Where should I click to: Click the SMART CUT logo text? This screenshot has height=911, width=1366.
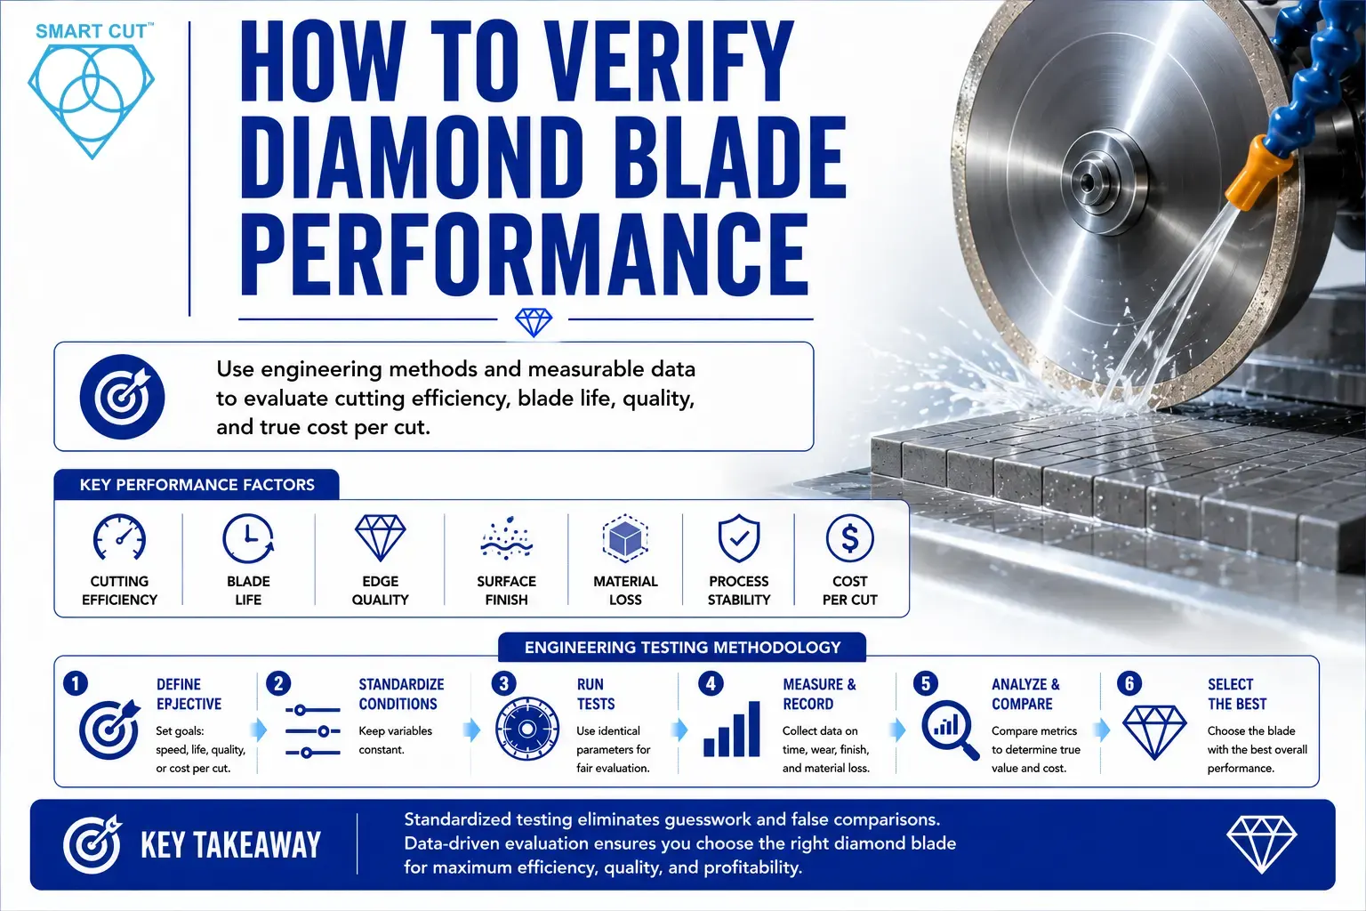(x=92, y=31)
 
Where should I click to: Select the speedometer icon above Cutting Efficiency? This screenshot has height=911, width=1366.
(x=119, y=538)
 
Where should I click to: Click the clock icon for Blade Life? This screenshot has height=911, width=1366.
(x=248, y=538)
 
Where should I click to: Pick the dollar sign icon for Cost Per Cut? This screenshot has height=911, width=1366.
(x=849, y=538)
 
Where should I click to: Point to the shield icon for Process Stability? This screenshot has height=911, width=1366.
(x=738, y=538)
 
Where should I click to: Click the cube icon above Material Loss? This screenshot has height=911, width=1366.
(x=625, y=538)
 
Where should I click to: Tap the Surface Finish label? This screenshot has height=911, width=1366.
(x=506, y=590)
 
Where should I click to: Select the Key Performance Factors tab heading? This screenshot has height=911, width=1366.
(x=197, y=485)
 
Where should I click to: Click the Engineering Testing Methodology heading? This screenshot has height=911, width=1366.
(x=682, y=648)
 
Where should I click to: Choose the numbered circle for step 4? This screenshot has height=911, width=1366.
(x=711, y=683)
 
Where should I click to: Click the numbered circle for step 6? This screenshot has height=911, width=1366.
(x=1129, y=683)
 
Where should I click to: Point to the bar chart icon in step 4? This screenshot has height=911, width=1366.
(x=732, y=730)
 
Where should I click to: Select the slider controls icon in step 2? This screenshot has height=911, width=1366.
(x=313, y=731)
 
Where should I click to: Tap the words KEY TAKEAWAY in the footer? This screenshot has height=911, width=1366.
(x=230, y=845)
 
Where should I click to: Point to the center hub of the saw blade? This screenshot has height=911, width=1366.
(x=1089, y=181)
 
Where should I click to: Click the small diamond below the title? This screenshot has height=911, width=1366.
(x=534, y=321)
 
